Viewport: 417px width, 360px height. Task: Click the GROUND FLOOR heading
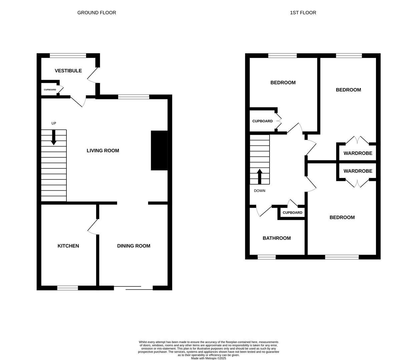97,13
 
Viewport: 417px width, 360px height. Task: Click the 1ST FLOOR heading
303,13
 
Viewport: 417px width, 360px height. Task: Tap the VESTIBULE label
68,71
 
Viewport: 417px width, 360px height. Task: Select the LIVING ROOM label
103,151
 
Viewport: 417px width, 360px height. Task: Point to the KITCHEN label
68,246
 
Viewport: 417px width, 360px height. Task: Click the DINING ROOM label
133,246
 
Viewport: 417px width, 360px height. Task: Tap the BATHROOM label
277,238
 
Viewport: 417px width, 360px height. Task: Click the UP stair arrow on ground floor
54,137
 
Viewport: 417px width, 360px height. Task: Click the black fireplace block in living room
159,151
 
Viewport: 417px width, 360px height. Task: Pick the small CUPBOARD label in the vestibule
50,90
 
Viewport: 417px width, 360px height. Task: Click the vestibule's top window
68,56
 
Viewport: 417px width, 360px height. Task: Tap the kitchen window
67,288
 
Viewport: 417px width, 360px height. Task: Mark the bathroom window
267,257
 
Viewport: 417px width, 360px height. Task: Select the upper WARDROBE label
358,154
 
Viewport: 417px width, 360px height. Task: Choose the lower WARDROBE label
358,171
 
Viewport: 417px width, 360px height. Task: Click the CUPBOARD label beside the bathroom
292,213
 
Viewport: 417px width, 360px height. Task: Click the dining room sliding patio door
133,288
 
